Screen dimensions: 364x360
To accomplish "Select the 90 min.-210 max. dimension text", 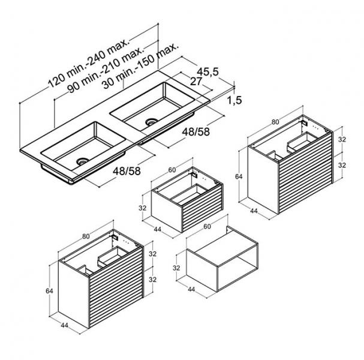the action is pyautogui.click(x=106, y=70).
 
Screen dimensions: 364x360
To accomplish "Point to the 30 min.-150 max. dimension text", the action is pyautogui.click(x=141, y=66).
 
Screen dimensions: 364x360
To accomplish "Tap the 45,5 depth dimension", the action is pyautogui.click(x=207, y=72).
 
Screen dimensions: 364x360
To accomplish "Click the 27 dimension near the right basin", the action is pyautogui.click(x=196, y=81).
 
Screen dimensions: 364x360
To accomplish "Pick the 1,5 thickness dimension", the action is pyautogui.click(x=234, y=100).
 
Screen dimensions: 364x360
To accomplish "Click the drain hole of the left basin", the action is pyautogui.click(x=83, y=161).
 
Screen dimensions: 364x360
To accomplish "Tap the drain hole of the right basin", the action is pyautogui.click(x=152, y=121).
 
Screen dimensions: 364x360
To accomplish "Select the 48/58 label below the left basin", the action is pyautogui.click(x=127, y=171).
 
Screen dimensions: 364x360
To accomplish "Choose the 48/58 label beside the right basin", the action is pyautogui.click(x=196, y=132).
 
